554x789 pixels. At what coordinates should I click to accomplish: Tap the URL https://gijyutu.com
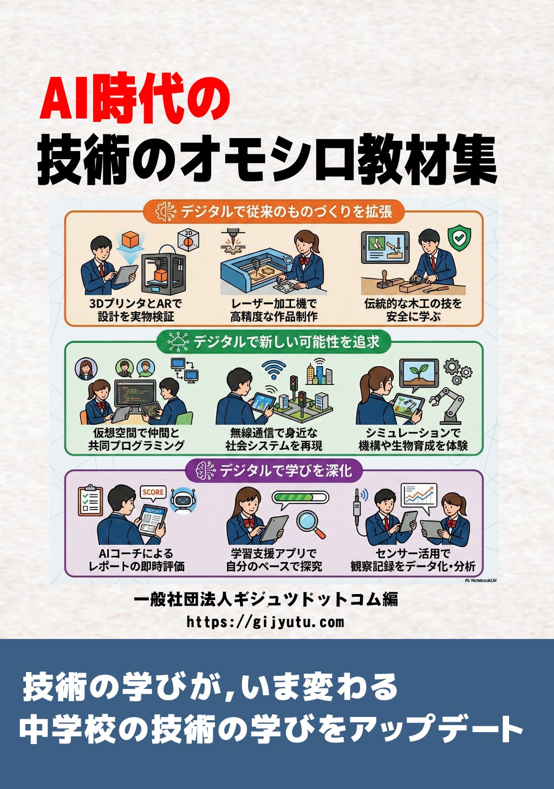265,621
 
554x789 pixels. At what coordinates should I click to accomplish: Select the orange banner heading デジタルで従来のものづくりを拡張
273,212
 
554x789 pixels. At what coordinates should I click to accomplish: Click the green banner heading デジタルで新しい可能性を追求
273,342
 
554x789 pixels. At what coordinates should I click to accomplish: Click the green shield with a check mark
459,238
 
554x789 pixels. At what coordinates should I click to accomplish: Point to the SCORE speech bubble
153,492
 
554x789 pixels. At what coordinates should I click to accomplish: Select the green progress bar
301,497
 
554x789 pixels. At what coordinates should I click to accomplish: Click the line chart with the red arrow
419,496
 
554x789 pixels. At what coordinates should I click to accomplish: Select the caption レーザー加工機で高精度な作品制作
273,310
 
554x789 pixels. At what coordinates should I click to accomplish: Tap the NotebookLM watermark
481,580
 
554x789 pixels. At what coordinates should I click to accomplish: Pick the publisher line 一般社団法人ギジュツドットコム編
266,599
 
